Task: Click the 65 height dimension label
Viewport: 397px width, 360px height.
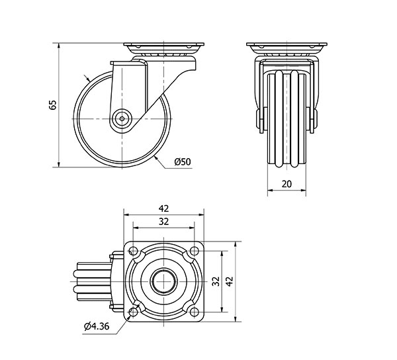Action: pyautogui.click(x=53, y=105)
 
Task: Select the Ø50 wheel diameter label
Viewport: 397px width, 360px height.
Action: pyautogui.click(x=183, y=161)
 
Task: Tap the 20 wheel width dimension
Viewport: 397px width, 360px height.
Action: pyautogui.click(x=287, y=184)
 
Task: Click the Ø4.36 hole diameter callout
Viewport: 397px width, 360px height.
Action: pyautogui.click(x=97, y=326)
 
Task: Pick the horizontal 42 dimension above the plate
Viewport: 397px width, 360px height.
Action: pyautogui.click(x=164, y=208)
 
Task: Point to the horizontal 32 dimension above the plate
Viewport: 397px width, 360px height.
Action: pyautogui.click(x=164, y=222)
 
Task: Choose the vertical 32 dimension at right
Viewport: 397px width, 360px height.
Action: pyautogui.click(x=216, y=281)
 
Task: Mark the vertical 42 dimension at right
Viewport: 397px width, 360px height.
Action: pyautogui.click(x=230, y=281)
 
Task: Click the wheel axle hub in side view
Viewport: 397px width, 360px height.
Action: pyautogui.click(x=122, y=118)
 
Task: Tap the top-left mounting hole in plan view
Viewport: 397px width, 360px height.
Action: pyautogui.click(x=133, y=251)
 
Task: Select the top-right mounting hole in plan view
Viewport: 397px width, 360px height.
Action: pyautogui.click(x=194, y=251)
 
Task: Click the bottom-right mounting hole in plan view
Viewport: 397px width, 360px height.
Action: pyautogui.click(x=194, y=312)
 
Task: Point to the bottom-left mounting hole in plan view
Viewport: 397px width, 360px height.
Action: pyautogui.click(x=133, y=312)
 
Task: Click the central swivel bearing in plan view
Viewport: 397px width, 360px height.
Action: pyautogui.click(x=164, y=281)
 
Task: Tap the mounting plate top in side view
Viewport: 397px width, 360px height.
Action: pyautogui.click(x=164, y=44)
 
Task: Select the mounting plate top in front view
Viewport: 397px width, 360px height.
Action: pyautogui.click(x=287, y=44)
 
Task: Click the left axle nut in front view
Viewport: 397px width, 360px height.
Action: pyautogui.click(x=259, y=119)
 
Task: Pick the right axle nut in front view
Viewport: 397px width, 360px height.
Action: pyautogui.click(x=315, y=119)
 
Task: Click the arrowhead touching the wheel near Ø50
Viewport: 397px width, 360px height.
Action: pyautogui.click(x=156, y=158)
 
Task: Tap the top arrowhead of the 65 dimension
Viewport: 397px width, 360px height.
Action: pyautogui.click(x=59, y=46)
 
